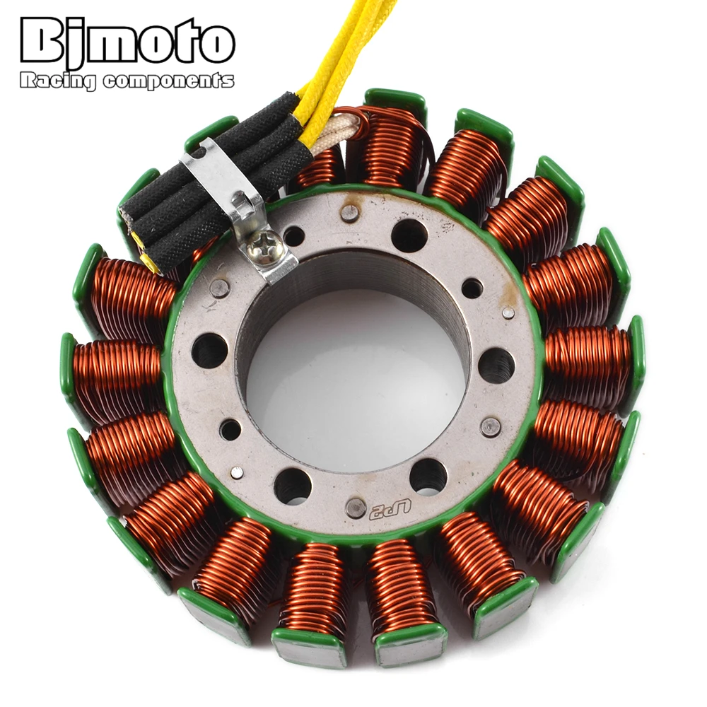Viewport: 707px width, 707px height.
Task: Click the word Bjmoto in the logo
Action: pos(127,42)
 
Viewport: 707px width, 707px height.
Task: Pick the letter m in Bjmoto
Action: pos(112,47)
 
